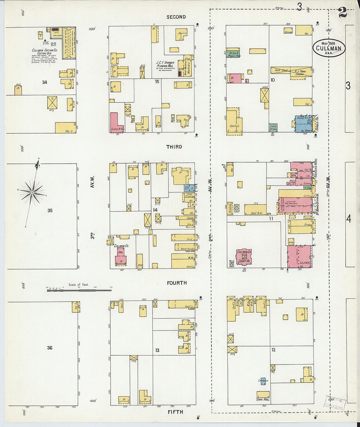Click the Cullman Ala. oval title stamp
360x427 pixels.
point(329,48)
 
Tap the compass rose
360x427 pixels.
point(32,193)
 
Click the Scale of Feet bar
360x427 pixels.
point(79,290)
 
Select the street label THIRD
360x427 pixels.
point(174,147)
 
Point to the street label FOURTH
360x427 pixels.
point(177,283)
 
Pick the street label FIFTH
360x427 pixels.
point(175,412)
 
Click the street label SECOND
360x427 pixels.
point(176,17)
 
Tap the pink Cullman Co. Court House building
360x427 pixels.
point(244,257)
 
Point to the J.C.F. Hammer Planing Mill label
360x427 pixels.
point(165,64)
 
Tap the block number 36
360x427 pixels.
point(49,348)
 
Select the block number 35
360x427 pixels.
point(50,210)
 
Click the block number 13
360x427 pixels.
point(157,350)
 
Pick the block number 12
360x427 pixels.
point(273,350)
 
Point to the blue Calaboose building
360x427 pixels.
point(263,381)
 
